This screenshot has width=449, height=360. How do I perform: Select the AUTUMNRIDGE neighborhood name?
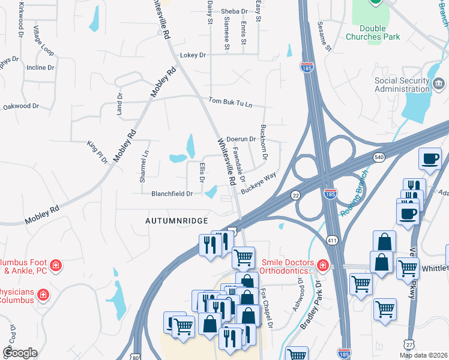(176, 221)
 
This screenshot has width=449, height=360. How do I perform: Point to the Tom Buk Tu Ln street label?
(231, 103)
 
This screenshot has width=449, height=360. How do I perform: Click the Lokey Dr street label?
(193, 55)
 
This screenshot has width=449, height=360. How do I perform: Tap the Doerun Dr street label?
(241, 139)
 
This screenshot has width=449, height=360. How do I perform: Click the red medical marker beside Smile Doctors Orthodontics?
(323, 265)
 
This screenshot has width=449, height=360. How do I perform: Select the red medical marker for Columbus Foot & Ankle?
(55, 265)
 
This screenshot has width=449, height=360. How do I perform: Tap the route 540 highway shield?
(379, 157)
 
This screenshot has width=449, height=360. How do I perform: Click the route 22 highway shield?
(295, 195)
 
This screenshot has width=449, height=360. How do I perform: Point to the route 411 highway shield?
(331, 240)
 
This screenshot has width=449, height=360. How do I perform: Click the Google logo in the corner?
(20, 353)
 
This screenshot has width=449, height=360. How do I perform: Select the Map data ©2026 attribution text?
(423, 355)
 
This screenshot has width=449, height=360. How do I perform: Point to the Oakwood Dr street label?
(21, 106)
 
